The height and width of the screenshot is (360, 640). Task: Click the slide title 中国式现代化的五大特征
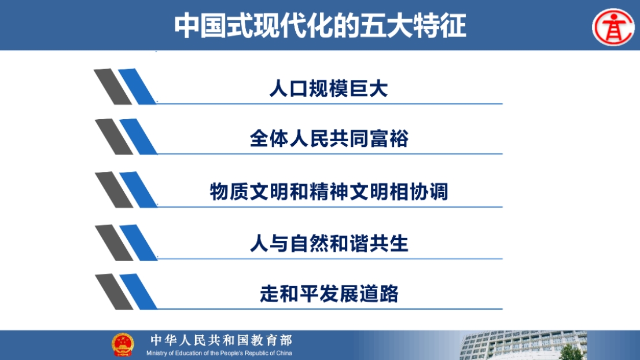[320, 25]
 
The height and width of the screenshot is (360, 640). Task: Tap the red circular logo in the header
[613, 27]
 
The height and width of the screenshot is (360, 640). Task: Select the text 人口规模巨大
[329, 89]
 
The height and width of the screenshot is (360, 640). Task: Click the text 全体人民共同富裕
[329, 138]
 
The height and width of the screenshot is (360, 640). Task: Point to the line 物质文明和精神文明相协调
[329, 192]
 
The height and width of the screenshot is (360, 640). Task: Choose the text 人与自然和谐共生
[329, 244]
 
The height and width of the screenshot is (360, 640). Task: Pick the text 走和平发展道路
[329, 293]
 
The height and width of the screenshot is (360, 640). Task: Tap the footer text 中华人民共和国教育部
[221, 340]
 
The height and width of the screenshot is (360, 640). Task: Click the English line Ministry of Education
[219, 353]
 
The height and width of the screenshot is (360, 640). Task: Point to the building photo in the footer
[523, 346]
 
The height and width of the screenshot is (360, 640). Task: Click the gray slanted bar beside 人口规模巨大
[113, 87]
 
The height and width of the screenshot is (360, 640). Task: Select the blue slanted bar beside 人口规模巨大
[137, 87]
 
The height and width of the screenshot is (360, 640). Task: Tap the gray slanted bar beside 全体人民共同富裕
[114, 137]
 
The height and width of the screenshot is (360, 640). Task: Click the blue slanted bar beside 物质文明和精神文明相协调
[138, 190]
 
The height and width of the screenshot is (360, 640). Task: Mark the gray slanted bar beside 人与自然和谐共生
[114, 243]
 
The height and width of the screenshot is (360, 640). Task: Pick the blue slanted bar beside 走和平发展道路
[138, 292]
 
